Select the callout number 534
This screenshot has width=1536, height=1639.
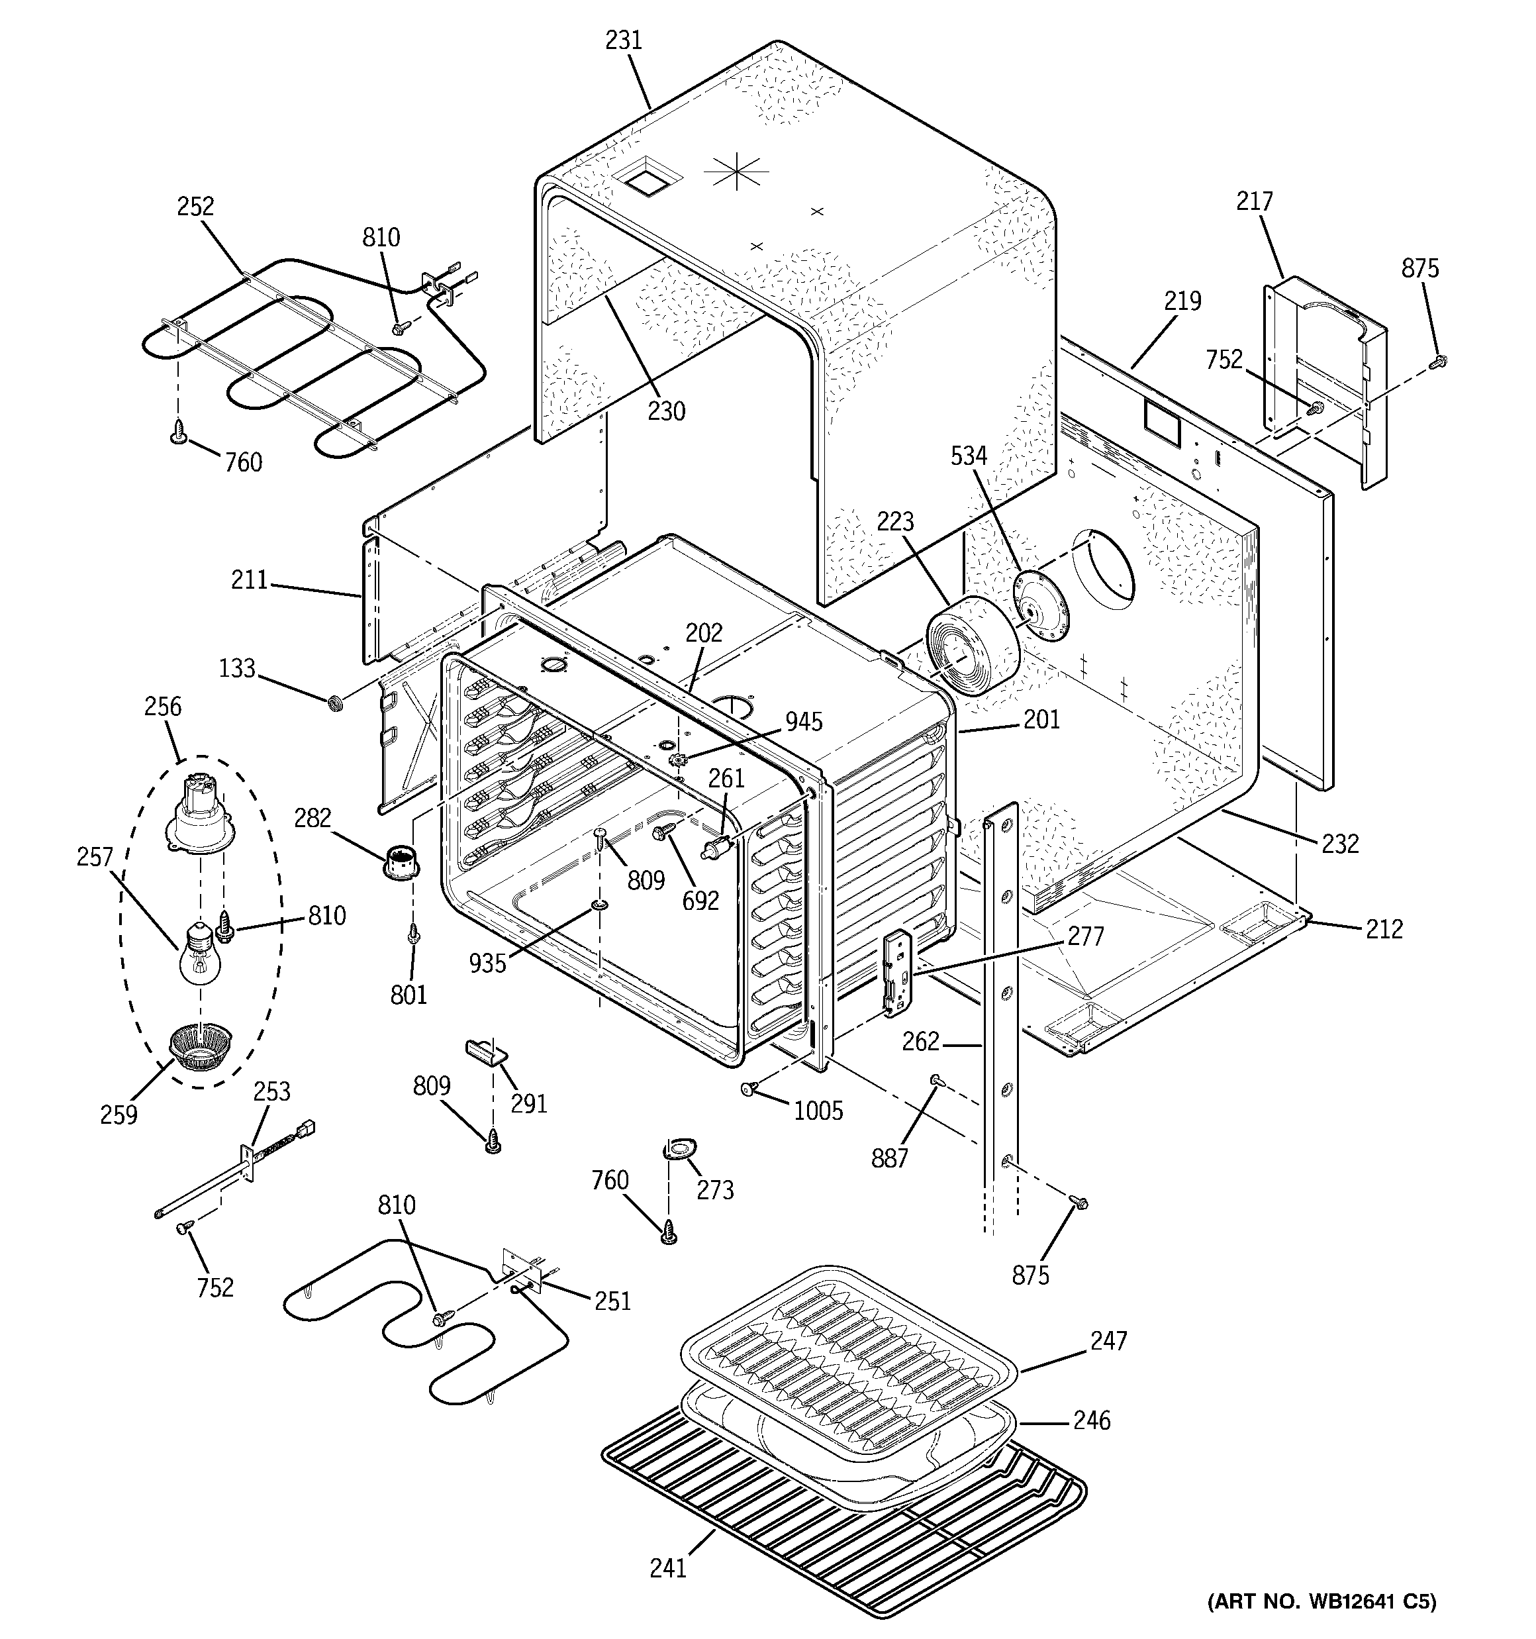point(969,455)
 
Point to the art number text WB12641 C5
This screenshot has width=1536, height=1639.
point(1321,1602)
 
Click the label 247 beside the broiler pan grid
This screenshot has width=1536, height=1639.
point(1108,1342)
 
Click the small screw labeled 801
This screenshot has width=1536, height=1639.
point(414,935)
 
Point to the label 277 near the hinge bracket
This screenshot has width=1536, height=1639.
point(1085,936)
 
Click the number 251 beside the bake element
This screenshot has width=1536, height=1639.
point(612,1301)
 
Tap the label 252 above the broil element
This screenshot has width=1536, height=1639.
point(195,206)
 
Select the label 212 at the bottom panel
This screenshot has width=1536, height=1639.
point(1384,929)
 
